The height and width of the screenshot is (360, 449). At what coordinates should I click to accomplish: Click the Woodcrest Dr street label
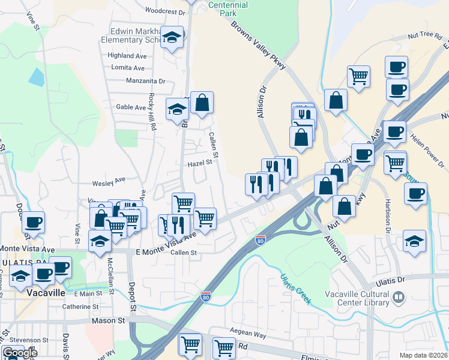point(165,11)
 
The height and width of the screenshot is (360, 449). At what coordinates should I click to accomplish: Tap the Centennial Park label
point(228,8)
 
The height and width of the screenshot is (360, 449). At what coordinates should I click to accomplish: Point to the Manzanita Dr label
point(145,80)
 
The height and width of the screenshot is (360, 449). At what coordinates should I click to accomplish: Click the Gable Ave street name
point(131,107)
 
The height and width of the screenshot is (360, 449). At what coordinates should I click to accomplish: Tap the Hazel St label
point(200,162)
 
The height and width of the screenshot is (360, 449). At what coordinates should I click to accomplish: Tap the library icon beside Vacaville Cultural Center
point(399,297)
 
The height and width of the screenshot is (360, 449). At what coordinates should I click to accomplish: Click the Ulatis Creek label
point(295,289)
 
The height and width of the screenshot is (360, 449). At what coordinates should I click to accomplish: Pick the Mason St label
point(108,321)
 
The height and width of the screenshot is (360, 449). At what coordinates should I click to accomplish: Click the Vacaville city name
point(49,294)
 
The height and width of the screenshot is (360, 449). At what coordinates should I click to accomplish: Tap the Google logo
point(19,353)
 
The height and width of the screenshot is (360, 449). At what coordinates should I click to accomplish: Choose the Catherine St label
point(80,307)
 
